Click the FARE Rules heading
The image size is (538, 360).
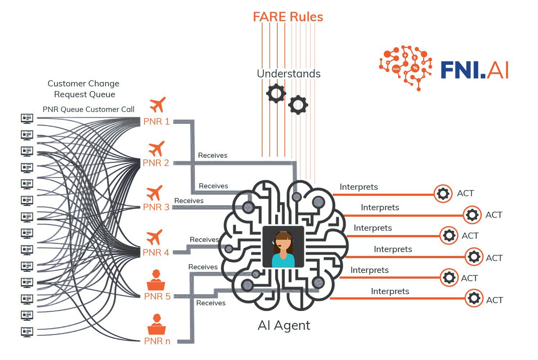click(288, 17)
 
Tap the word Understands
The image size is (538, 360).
click(288, 74)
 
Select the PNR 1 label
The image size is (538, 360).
click(156, 122)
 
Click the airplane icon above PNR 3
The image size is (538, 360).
click(154, 193)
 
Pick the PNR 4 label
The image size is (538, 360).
click(156, 252)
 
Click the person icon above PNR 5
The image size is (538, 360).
click(156, 280)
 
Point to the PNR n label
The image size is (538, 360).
click(157, 341)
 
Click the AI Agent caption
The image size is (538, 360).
click(284, 325)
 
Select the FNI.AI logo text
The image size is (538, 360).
click(474, 70)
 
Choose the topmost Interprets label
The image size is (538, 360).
click(359, 187)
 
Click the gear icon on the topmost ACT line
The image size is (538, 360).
click(443, 194)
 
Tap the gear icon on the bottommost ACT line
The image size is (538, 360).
click(474, 298)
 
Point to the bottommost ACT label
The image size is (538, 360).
click(494, 300)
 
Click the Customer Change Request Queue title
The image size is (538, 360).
click(84, 89)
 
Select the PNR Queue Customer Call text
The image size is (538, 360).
click(88, 109)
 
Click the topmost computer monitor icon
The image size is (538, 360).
click(27, 118)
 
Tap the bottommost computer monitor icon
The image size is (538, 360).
click(27, 332)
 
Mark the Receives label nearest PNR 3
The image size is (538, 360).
click(189, 201)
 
